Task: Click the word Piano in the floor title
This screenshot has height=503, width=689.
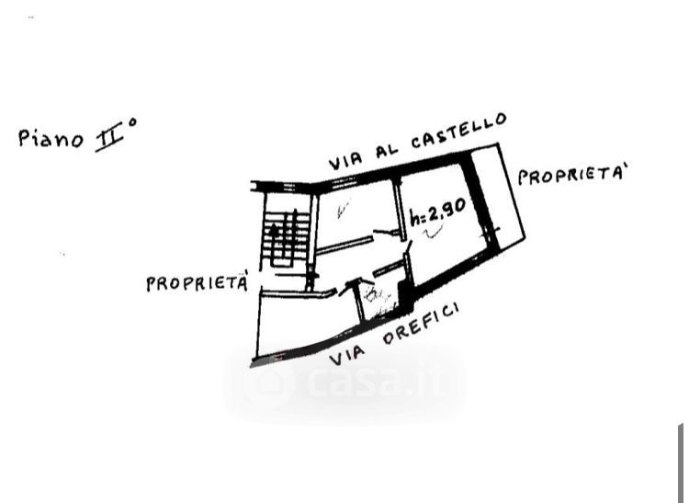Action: point(50,138)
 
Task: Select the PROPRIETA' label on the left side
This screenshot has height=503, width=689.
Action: point(196,282)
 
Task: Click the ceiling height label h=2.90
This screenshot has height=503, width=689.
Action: point(437,212)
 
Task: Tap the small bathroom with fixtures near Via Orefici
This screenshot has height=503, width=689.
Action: point(377,296)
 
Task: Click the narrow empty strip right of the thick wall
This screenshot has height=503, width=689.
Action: point(504,198)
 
